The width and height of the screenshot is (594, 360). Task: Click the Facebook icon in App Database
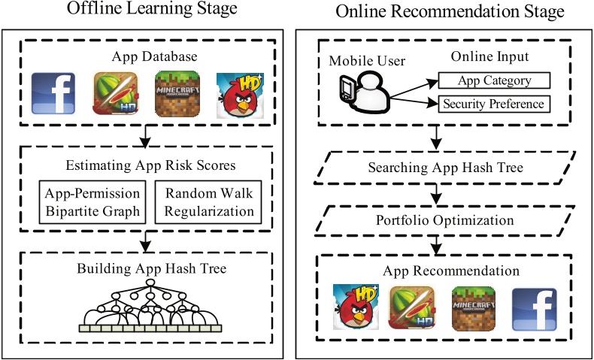point(53,96)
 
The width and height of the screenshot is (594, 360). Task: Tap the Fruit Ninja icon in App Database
point(114,95)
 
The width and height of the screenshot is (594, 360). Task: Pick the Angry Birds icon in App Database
point(238,95)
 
